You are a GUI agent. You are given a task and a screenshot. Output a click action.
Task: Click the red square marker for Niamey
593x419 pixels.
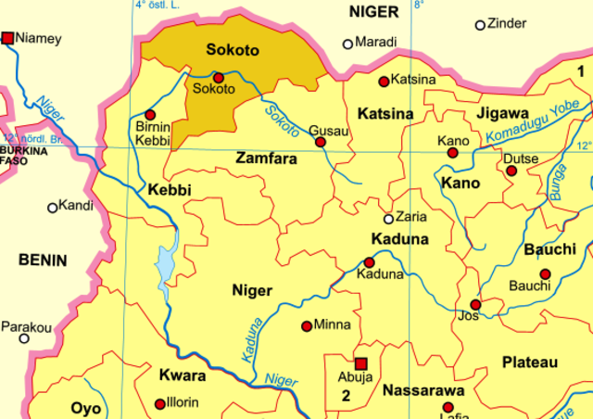pos(8,38)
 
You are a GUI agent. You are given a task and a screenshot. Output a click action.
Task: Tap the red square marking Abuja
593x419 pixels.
pos(361,363)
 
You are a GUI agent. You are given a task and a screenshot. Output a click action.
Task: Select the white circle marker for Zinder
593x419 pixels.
pos(480,25)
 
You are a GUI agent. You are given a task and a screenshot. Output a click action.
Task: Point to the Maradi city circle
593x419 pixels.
pos(348,43)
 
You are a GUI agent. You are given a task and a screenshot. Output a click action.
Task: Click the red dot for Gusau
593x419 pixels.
pos(321,142)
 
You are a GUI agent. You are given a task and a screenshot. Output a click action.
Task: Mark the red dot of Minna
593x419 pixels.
pos(307,325)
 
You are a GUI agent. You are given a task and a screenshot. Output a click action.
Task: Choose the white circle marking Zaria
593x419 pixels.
pos(389,219)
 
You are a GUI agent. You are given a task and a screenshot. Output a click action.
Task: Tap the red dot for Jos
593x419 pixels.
pos(475,304)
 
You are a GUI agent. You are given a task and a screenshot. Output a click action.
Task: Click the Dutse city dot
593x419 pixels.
pos(511,171)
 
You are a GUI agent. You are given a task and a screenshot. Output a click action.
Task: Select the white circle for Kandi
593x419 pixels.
pos(53,208)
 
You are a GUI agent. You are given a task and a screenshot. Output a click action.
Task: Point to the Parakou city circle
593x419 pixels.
pos(24,338)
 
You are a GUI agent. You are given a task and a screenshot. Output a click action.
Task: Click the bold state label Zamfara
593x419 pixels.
pos(267,159)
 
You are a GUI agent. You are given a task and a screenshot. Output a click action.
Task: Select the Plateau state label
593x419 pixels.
pos(530,361)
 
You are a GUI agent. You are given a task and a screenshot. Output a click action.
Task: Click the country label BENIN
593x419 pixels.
pos(44,261)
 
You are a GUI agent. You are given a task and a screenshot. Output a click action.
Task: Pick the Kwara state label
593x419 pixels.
pos(183,375)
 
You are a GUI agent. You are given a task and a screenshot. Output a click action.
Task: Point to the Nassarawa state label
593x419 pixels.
pos(423,388)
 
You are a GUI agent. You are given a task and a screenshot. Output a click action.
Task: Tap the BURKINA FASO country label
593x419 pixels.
pos(15,155)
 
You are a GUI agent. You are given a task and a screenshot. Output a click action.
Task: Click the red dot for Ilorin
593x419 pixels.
pos(159,403)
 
